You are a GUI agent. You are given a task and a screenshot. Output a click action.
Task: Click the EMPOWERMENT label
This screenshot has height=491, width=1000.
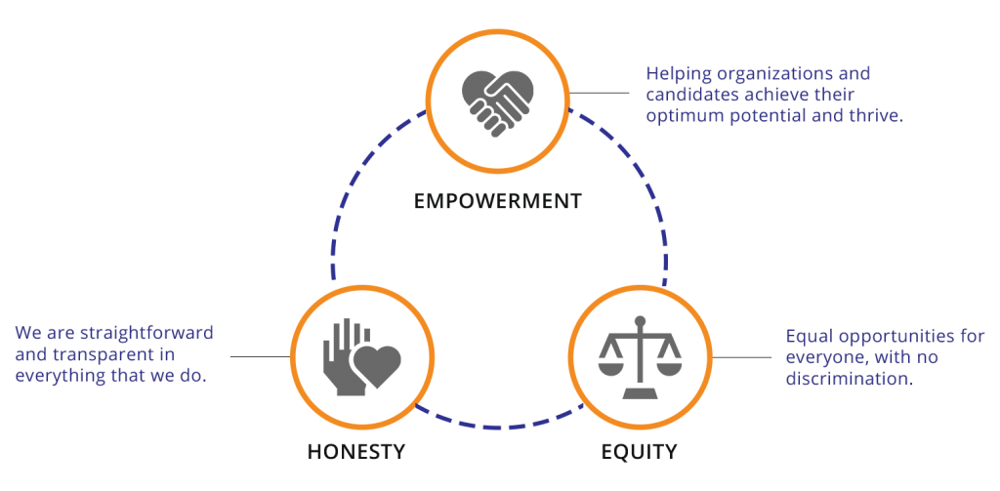click(x=498, y=202)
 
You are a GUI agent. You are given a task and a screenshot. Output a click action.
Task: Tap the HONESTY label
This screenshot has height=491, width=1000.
click(x=355, y=452)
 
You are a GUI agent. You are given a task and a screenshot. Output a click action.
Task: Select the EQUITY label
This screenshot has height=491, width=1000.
click(x=638, y=452)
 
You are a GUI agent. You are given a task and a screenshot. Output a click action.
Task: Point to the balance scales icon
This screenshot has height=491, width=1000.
click(x=639, y=357)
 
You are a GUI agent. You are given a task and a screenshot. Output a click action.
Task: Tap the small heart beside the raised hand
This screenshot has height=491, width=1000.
click(x=377, y=365)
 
